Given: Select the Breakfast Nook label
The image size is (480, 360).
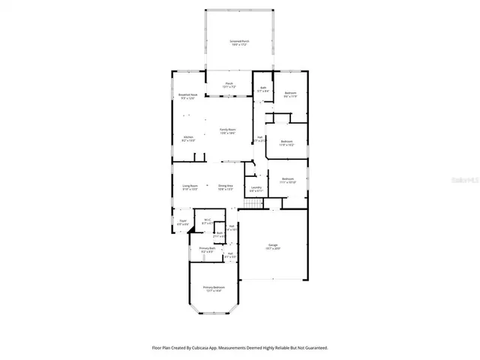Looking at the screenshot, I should coord(189,95).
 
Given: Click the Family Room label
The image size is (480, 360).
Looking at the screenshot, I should coord(228,131).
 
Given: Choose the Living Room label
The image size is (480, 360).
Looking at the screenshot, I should coord(189,187).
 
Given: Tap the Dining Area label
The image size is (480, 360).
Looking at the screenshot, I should coord(225,187).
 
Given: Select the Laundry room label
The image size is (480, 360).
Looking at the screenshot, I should coord(256,189).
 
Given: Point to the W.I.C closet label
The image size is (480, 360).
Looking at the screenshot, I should coord(207,220).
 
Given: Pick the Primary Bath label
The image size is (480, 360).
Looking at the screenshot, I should coord(207,249).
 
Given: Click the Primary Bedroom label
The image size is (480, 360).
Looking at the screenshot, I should coord(214,289).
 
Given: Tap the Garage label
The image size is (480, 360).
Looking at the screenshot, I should coord(274,246).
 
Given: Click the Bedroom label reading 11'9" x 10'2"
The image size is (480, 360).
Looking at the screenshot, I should coord(286,142).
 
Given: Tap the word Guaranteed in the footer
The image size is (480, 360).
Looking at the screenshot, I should coord(313,348).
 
